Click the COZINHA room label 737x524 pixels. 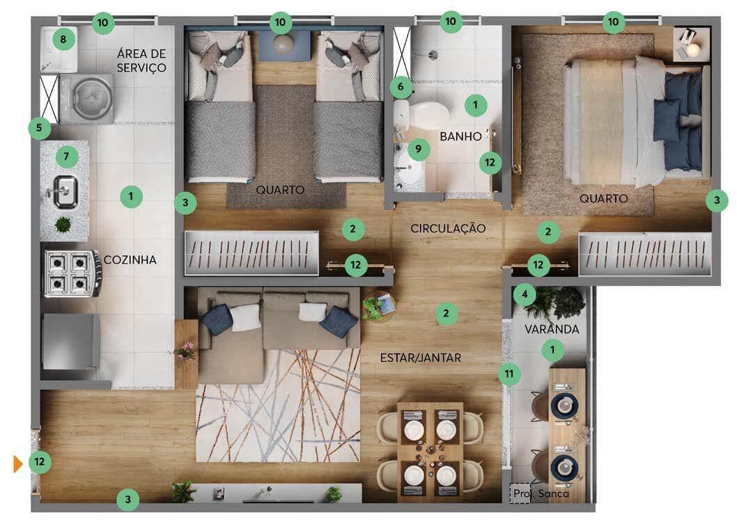click(130, 260)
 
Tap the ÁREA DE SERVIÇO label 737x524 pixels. click(141, 61)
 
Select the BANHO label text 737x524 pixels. click(460, 136)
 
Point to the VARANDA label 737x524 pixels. click(552, 329)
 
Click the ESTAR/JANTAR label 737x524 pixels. click(421, 358)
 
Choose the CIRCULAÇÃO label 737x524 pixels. click(448, 229)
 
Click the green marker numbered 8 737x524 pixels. click(63, 39)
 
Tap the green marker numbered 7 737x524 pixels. click(66, 157)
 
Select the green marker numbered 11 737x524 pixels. click(509, 374)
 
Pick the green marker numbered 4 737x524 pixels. click(525, 295)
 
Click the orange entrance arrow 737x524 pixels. click(18, 463)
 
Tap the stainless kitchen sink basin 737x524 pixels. click(65, 191)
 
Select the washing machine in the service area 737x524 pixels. click(86, 99)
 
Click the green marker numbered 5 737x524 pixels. click(40, 128)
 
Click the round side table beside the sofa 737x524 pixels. click(378, 307)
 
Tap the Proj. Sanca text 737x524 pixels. click(541, 493)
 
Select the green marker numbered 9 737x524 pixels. click(418, 150)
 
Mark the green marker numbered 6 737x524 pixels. click(401, 87)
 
